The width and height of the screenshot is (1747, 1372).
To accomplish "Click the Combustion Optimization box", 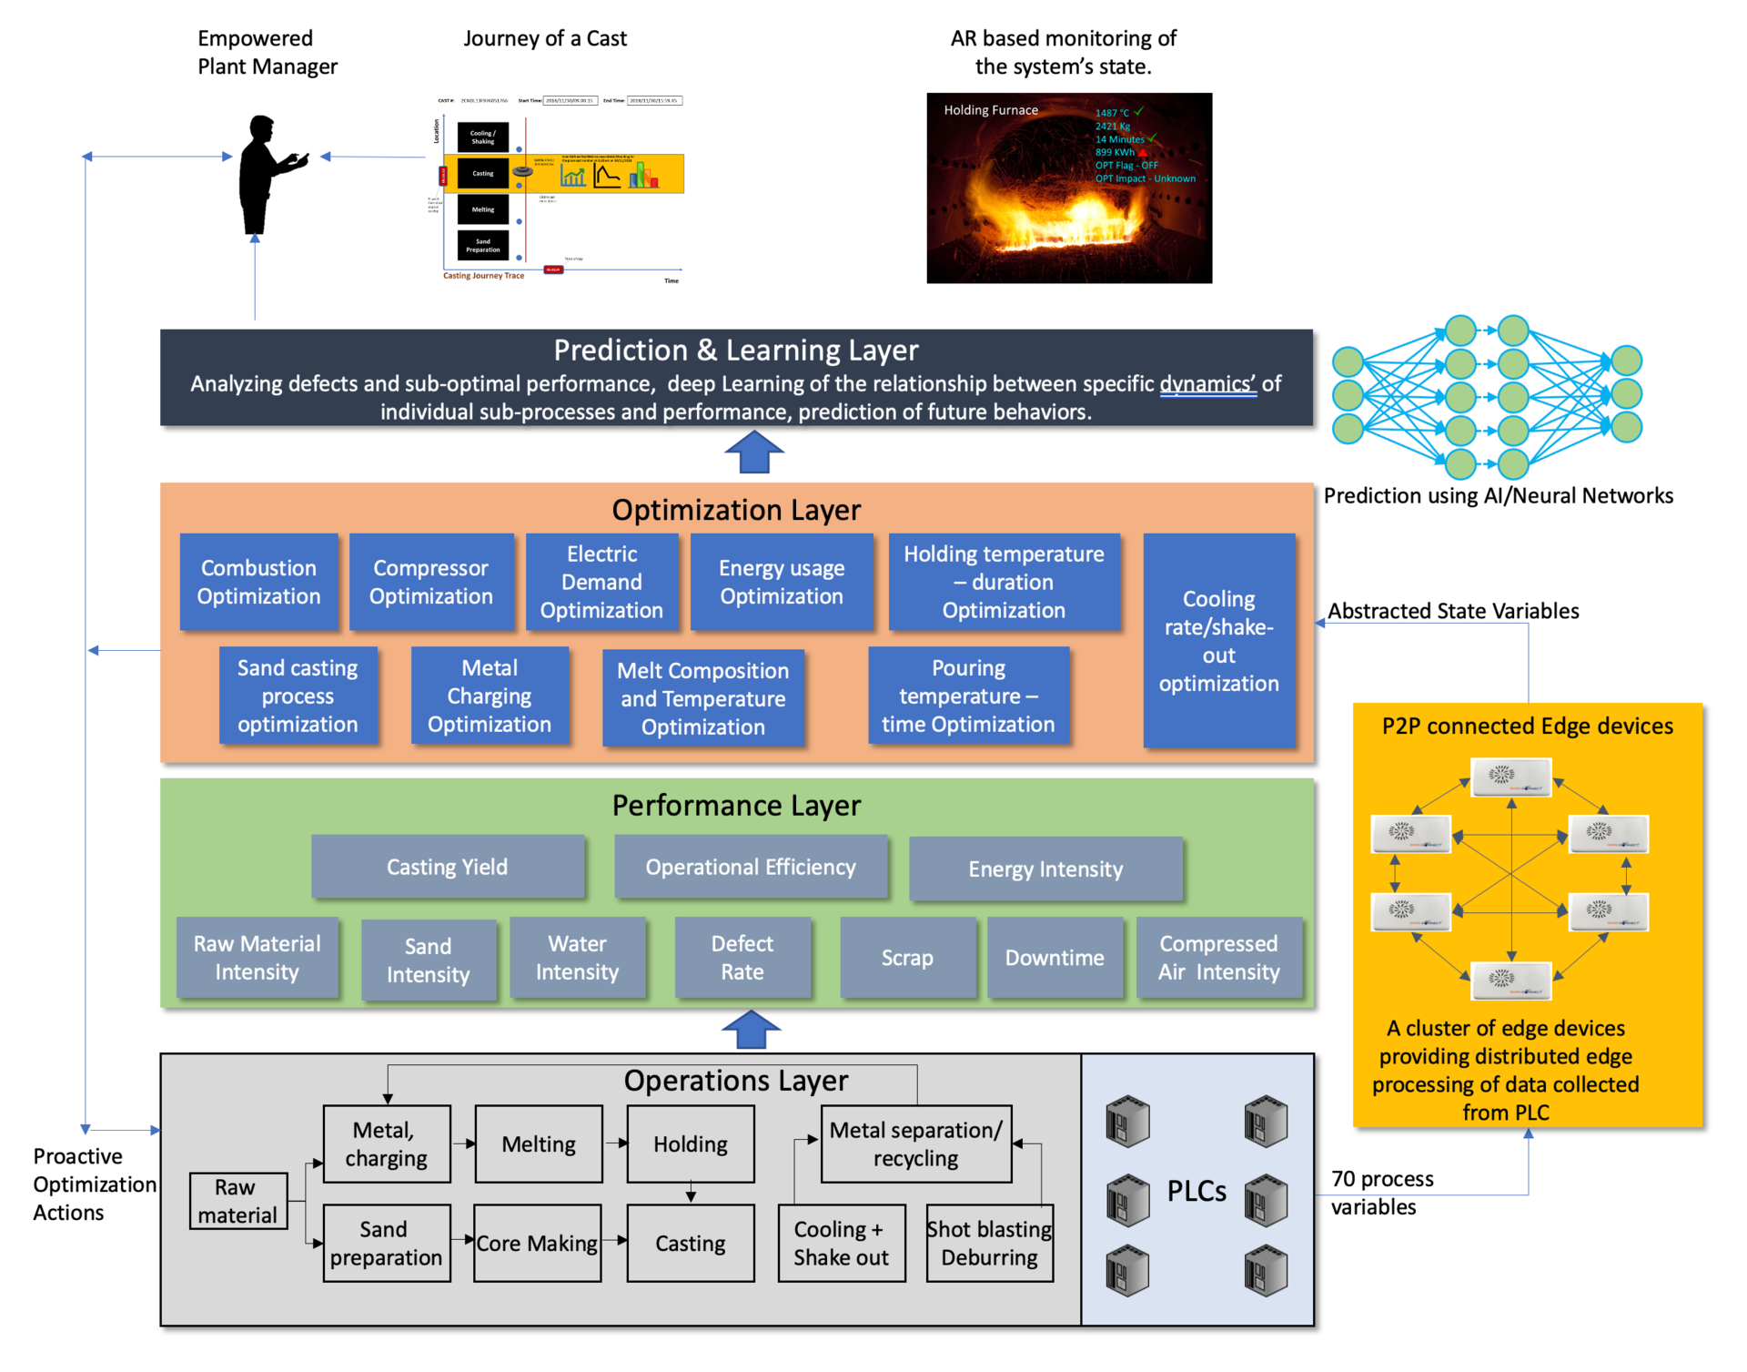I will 258,582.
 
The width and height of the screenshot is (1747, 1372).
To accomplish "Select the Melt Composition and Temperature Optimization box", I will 702,698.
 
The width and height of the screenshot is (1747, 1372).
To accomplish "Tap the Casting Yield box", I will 447,867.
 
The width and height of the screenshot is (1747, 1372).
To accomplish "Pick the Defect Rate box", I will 742,958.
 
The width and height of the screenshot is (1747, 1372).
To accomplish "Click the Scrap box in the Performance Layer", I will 907,958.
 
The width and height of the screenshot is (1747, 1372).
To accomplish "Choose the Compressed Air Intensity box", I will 1218,958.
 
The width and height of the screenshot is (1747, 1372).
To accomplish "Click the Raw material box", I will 237,1201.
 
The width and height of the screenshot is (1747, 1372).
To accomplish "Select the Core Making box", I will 537,1244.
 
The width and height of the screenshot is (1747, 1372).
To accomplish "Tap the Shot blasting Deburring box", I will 989,1244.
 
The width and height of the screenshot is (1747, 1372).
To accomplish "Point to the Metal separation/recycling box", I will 915,1144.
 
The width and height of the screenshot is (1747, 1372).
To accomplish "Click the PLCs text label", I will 1197,1191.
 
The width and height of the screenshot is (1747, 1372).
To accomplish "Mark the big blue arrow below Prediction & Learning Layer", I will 754,452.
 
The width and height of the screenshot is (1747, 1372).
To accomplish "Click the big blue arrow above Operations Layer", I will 751,1030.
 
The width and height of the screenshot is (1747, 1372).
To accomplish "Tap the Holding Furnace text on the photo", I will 990,110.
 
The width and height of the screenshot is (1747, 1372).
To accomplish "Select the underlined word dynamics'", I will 1207,383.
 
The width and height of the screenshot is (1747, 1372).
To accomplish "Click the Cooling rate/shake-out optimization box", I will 1218,641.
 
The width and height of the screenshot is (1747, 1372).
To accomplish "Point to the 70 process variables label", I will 1381,1193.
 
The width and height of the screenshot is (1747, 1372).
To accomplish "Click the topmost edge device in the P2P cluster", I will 1510,777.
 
